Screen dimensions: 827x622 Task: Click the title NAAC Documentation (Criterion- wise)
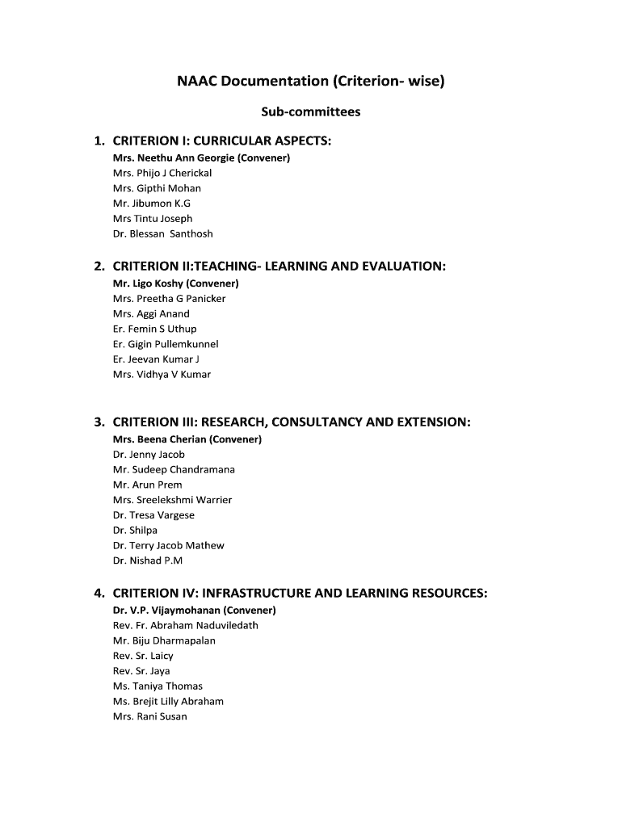pyautogui.click(x=311, y=82)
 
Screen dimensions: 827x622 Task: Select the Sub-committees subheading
pyautogui.click(x=311, y=112)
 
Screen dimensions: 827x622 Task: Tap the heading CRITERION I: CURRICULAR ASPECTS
pyautogui.click(x=221, y=141)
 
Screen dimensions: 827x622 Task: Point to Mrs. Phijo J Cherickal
pyautogui.click(x=162, y=173)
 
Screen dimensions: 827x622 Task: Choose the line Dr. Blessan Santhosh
pyautogui.click(x=163, y=233)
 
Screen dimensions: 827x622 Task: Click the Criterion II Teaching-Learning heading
pyautogui.click(x=279, y=266)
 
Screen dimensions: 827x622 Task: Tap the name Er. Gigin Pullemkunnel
pyautogui.click(x=166, y=344)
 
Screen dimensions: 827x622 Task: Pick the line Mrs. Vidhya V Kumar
pyautogui.click(x=162, y=375)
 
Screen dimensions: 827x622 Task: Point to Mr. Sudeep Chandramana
pyautogui.click(x=174, y=469)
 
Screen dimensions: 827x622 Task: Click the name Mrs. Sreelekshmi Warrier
pyautogui.click(x=172, y=500)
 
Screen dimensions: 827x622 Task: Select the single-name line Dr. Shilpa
pyautogui.click(x=135, y=531)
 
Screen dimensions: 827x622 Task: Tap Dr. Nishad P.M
pyautogui.click(x=148, y=560)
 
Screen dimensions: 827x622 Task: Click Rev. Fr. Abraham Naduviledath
pyautogui.click(x=186, y=625)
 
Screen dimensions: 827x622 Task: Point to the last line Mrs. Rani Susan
pyautogui.click(x=149, y=716)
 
